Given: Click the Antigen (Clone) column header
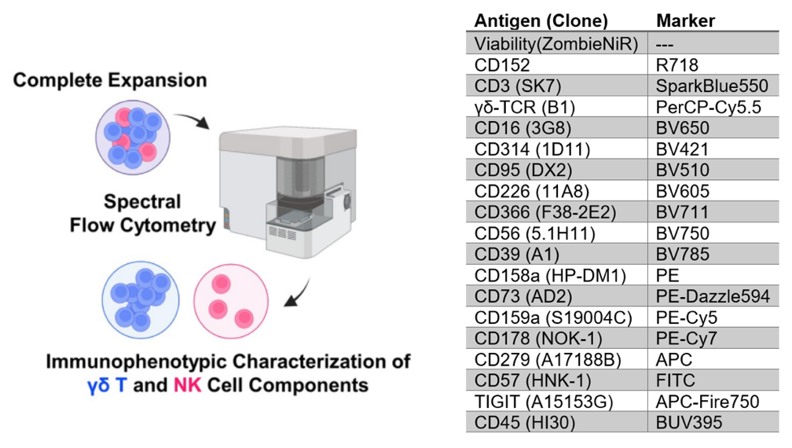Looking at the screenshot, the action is (x=541, y=20).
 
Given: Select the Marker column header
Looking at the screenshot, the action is (x=685, y=20).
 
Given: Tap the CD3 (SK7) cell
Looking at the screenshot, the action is (x=518, y=86).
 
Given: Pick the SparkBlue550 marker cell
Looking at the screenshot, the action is (x=712, y=86).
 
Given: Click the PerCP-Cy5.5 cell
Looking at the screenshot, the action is (x=708, y=107).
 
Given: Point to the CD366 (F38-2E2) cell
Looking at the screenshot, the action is (x=545, y=212).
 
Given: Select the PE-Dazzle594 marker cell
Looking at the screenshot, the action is (x=713, y=296).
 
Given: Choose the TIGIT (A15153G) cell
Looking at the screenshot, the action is (x=544, y=402).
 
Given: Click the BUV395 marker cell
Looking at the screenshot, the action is (x=689, y=422).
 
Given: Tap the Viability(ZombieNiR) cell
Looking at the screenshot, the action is (x=556, y=44).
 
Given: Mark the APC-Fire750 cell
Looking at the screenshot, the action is (x=707, y=402).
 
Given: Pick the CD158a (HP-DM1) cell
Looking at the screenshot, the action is (x=550, y=275).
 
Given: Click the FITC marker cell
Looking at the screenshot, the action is (x=676, y=380).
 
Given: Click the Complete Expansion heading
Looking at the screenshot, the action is (x=110, y=80).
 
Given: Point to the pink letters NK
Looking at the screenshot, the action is (x=187, y=385).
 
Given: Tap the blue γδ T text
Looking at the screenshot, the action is (x=107, y=385).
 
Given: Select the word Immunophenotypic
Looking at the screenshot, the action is (x=136, y=362).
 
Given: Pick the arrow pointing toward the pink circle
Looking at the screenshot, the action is (x=298, y=293).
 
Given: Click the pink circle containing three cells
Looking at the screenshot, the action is (x=231, y=301).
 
